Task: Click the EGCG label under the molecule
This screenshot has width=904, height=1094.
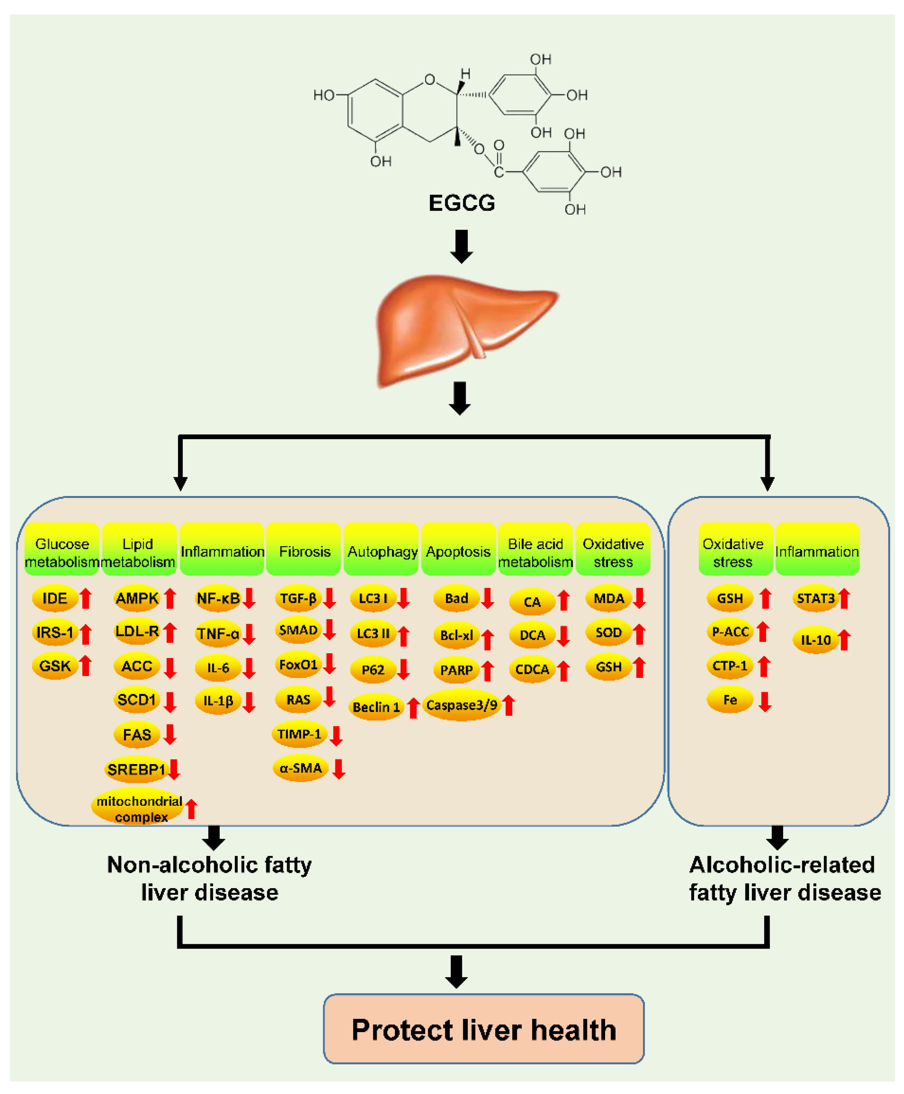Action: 461,203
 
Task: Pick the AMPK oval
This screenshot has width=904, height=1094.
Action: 137,598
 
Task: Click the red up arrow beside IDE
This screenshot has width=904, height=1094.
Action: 86,598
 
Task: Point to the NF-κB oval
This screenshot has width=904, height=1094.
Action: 218,598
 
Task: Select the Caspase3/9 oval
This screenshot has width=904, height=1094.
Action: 461,705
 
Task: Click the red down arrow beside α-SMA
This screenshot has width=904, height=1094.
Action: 339,769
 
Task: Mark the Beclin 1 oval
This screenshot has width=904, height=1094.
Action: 376,707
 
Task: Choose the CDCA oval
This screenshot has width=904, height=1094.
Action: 532,670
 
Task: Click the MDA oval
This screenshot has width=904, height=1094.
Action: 608,598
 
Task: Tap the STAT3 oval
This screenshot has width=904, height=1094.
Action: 815,598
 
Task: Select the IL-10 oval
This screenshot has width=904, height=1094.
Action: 815,640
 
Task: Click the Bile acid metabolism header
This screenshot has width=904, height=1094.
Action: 535,552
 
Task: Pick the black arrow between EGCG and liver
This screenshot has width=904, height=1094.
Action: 461,246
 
